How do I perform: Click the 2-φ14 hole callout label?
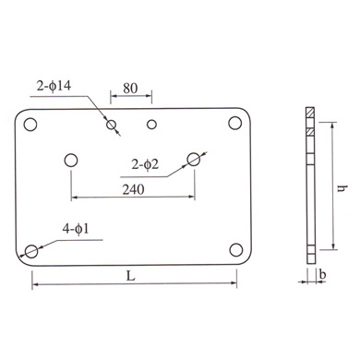(54, 86)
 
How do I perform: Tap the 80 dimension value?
(130, 89)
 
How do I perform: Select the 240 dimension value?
(133, 190)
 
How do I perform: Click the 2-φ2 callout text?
(145, 164)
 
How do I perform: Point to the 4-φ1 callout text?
(76, 229)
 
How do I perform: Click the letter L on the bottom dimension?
(131, 276)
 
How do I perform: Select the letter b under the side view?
(322, 274)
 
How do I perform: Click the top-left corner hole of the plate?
(30, 125)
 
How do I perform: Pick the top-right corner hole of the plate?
(235, 123)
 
